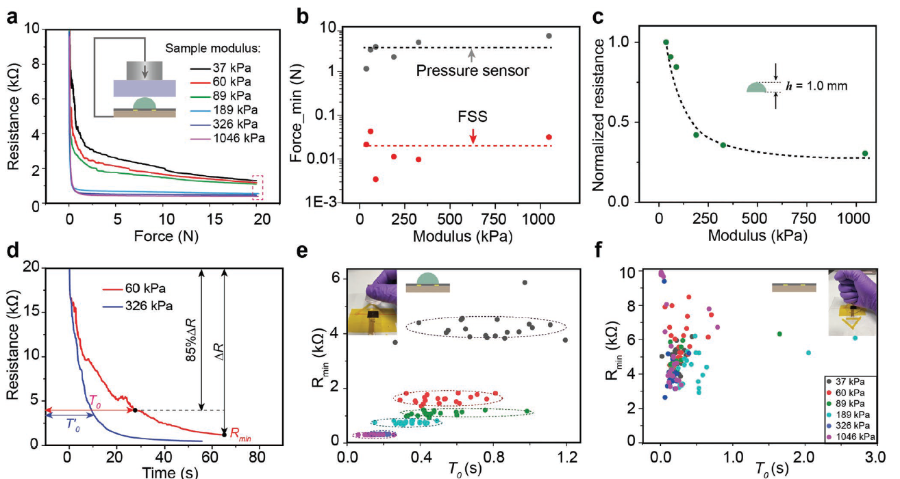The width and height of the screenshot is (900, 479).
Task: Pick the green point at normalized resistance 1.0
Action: (x=666, y=42)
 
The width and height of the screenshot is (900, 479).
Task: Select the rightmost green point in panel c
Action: (x=864, y=153)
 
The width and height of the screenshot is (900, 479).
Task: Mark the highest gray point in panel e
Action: (x=525, y=282)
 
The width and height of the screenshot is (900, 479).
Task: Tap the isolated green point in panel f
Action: (x=779, y=334)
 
